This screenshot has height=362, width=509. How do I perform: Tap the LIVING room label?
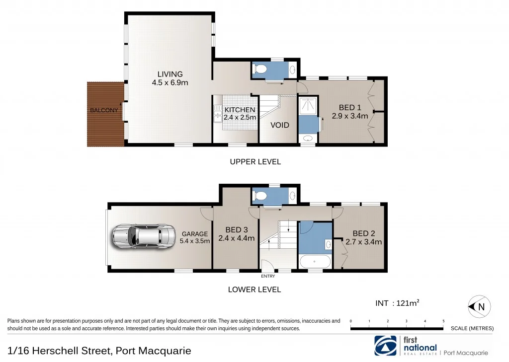click(170, 74)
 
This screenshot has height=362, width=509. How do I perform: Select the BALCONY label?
click(104, 110)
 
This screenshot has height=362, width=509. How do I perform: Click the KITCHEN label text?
click(240, 110)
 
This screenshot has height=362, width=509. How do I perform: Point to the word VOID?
click(280, 125)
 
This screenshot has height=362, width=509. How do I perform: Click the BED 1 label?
click(350, 108)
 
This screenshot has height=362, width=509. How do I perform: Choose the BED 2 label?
click(364, 233)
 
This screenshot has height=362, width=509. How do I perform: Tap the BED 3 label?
click(237, 229)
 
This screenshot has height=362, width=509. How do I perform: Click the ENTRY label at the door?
click(268, 276)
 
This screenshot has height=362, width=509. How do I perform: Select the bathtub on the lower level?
click(315, 262)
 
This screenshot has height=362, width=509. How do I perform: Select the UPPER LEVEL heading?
click(255, 161)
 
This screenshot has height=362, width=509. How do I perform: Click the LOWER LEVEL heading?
click(254, 290)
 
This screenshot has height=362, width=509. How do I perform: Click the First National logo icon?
click(385, 346)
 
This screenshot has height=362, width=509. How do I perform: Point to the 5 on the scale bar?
click(443, 321)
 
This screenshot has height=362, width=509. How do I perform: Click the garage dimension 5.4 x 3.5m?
click(195, 241)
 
